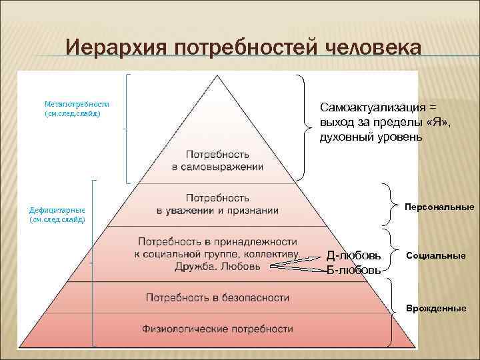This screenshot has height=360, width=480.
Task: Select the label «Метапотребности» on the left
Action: point(77,104)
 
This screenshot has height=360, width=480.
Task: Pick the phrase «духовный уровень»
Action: point(371,137)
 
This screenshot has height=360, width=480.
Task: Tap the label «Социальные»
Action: point(437,255)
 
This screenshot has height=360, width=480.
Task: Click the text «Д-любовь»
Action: point(354,256)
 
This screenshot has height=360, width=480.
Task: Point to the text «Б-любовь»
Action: point(353,271)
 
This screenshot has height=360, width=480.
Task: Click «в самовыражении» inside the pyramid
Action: point(217,167)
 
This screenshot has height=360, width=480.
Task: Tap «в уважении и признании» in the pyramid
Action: point(217,211)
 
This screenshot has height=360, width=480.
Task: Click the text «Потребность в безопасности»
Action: point(217,296)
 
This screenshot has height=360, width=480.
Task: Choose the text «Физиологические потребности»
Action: point(217,329)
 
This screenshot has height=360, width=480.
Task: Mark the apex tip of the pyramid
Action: point(217,75)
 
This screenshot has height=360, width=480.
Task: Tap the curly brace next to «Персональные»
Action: point(389,205)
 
